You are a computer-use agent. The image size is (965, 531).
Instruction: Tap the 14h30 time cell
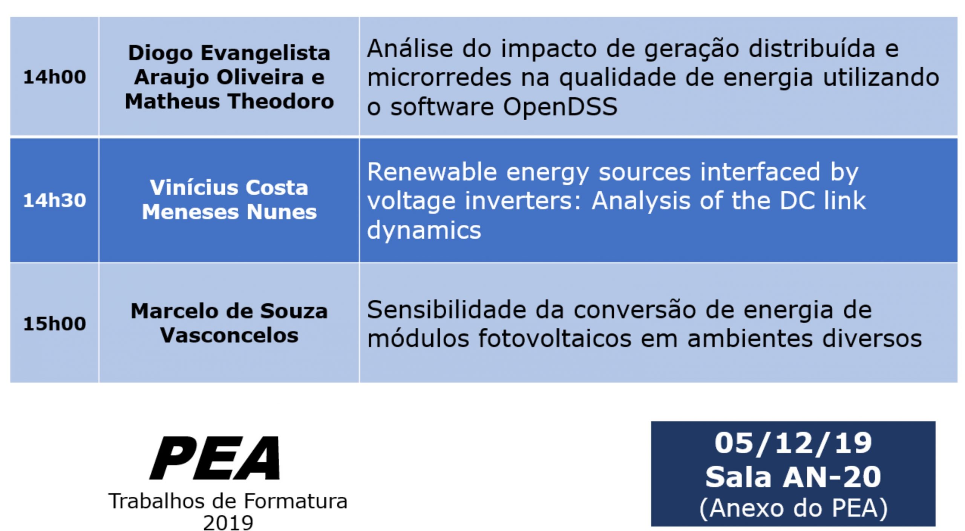click(55, 200)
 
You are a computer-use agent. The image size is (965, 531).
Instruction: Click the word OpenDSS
click(560, 107)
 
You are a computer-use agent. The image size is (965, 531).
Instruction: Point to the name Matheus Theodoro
click(229, 101)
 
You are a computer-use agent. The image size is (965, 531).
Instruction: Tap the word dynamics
click(424, 230)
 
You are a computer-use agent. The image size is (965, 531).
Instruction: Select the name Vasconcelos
click(229, 336)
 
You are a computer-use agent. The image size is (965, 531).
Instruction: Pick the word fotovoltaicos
click(555, 339)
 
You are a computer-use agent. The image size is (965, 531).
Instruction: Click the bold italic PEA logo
click(215, 458)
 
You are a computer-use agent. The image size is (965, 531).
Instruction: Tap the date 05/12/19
click(793, 443)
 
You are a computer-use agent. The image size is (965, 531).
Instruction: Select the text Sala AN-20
click(793, 477)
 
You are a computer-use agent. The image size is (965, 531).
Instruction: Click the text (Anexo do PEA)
click(793, 508)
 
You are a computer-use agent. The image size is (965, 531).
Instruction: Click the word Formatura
click(296, 502)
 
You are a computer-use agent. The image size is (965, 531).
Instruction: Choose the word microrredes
click(440, 78)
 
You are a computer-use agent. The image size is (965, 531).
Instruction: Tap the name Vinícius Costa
click(229, 188)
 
